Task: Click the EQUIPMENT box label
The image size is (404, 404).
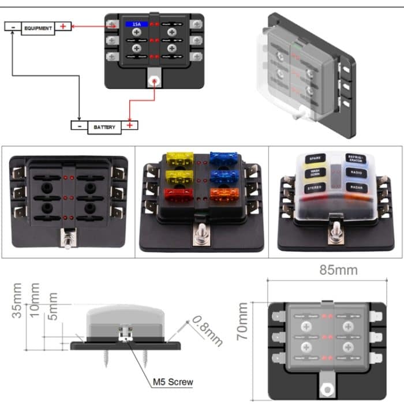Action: pyautogui.click(x=39, y=27)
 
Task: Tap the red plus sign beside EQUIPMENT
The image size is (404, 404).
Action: pyautogui.click(x=64, y=27)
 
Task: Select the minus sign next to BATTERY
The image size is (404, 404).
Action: pyautogui.click(x=78, y=125)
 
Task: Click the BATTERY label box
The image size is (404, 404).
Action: pyautogui.click(x=104, y=126)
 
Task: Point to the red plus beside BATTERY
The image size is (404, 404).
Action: pyautogui.click(x=131, y=125)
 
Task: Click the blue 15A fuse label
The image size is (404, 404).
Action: pyautogui.click(x=137, y=25)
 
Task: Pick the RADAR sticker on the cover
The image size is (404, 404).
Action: pyautogui.click(x=355, y=188)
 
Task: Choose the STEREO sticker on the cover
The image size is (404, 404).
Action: pyautogui.click(x=315, y=188)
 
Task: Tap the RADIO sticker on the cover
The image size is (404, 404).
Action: pyautogui.click(x=354, y=172)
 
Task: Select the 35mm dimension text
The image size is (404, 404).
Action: pyautogui.click(x=18, y=300)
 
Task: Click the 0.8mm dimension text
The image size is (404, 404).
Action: pyautogui.click(x=207, y=330)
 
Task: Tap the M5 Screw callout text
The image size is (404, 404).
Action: pyautogui.click(x=173, y=381)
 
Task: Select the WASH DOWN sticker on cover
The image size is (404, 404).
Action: pyautogui.click(x=315, y=172)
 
